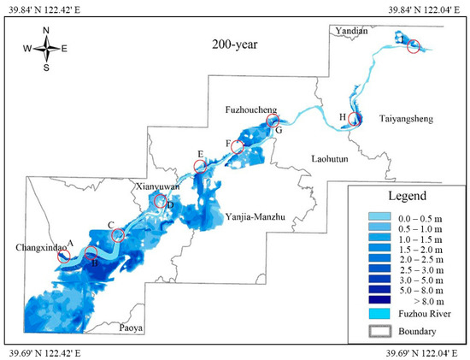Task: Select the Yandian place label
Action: [353, 31]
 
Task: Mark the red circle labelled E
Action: [201, 167]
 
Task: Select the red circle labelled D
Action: [159, 202]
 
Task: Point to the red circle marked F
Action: [237, 146]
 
